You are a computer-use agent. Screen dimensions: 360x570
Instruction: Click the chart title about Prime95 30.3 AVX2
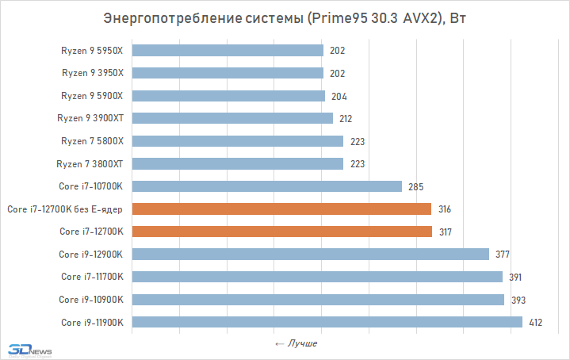point(285,18)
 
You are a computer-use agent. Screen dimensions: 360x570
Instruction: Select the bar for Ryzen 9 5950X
point(228,51)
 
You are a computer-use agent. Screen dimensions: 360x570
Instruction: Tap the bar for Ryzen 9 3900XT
point(233,118)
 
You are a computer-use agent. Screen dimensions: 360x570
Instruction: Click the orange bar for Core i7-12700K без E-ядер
point(282,209)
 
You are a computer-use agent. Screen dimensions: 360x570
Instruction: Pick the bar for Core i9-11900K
point(327,322)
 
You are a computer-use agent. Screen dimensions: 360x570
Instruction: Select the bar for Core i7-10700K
point(267,186)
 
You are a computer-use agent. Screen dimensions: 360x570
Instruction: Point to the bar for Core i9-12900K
point(311,255)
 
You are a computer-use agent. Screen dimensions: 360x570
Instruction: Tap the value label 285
point(416,186)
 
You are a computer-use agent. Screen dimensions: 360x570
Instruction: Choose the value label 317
point(446,232)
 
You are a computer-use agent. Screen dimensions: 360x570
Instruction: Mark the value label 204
point(339,96)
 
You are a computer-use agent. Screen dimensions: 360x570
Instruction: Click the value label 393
point(519,300)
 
